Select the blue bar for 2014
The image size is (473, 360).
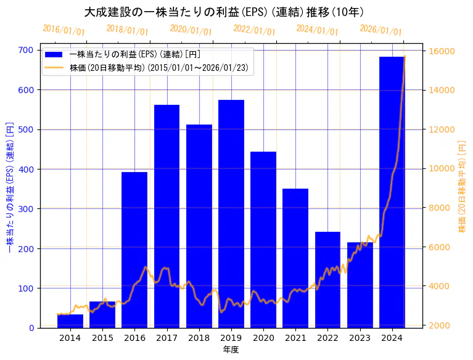coord(70,321)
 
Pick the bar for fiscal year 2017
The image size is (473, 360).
coord(167,216)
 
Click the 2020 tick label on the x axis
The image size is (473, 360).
coord(263,338)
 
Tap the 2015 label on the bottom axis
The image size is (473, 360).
coord(102,338)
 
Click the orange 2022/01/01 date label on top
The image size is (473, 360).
coord(254,31)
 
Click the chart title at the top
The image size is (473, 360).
coord(223,12)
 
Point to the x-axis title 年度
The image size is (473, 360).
coord(231,350)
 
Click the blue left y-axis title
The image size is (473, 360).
coord(9,189)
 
